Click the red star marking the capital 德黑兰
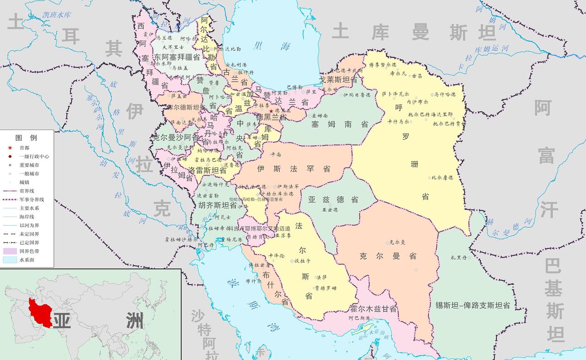[x=271, y=111]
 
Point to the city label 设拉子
[x=303, y=261]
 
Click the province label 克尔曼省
[x=388, y=256]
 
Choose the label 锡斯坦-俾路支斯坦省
[x=473, y=305]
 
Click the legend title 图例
[x=26, y=138]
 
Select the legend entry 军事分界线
[x=32, y=199]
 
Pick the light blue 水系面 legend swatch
[x=10, y=260]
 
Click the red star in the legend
[x=10, y=148]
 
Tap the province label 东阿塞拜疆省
[x=177, y=57]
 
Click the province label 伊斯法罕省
[x=293, y=169]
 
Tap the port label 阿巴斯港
[x=358, y=318]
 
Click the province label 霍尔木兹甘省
[x=373, y=309]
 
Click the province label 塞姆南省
[x=340, y=124]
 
